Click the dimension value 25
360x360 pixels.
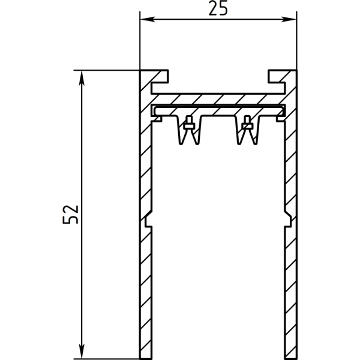tap(218, 8)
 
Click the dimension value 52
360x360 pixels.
tap(70, 214)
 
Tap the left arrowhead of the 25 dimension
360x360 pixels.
tap(148, 19)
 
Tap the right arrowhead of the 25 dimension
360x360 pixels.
tap(289, 19)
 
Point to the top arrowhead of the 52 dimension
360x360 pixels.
tap(82, 78)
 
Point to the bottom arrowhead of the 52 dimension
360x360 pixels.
tap(82, 351)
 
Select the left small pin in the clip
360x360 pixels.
tap(189, 122)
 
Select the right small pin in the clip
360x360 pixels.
tap(247, 122)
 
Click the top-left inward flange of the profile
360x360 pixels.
tap(160, 76)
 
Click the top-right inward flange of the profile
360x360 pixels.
tap(277, 76)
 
